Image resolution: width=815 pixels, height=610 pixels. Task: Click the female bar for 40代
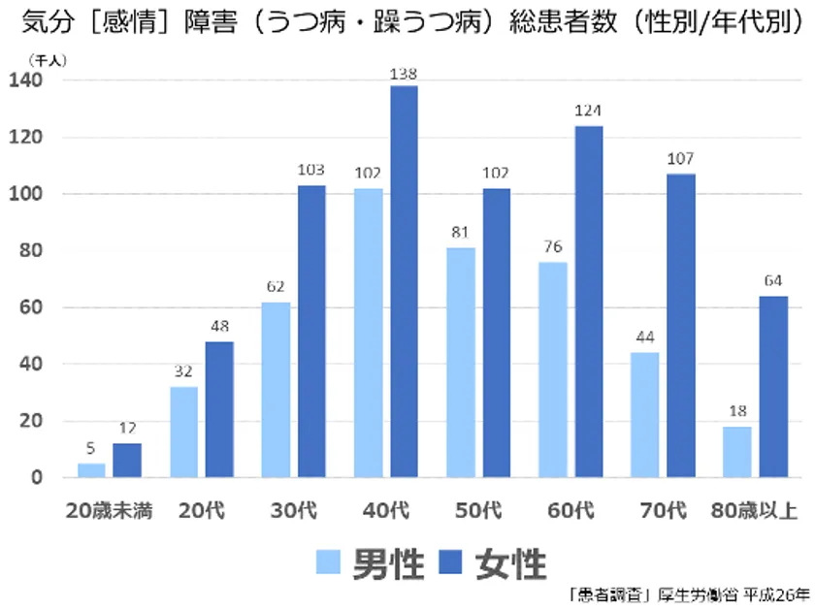point(404,281)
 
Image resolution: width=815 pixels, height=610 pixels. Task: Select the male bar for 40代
point(369,333)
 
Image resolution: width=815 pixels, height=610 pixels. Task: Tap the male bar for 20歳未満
point(91,470)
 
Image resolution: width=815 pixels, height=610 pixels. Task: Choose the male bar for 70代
point(645,414)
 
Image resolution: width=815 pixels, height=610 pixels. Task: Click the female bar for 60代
point(588,301)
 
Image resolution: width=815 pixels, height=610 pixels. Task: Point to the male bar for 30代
point(276,390)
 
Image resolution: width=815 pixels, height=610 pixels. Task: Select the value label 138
point(404,73)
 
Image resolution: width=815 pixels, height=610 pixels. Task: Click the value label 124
point(588,112)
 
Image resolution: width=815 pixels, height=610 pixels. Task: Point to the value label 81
point(461,234)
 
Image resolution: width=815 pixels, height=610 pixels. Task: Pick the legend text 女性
point(511,562)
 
